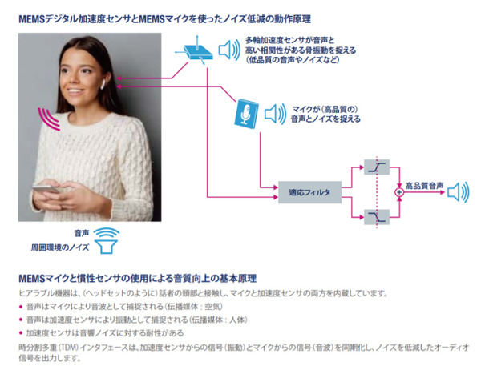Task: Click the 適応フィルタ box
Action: (x=309, y=193)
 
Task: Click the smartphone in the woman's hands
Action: (x=56, y=190)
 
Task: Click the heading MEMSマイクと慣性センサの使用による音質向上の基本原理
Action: (x=136, y=278)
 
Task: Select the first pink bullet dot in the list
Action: (x=21, y=307)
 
